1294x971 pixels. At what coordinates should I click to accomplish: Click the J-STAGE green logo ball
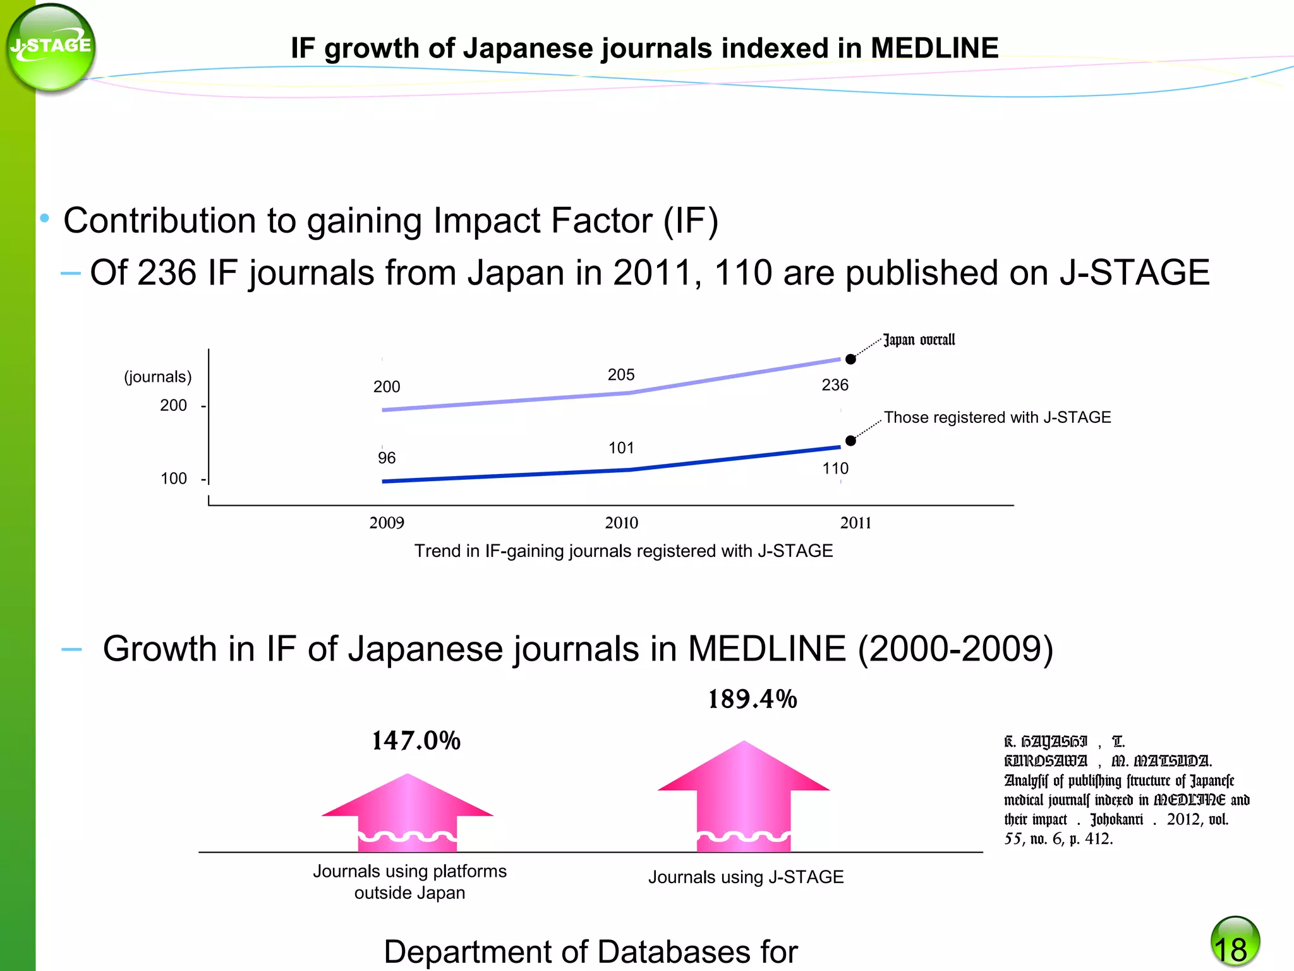pyautogui.click(x=51, y=48)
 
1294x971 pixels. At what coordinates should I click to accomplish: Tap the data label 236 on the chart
pyautogui.click(x=835, y=385)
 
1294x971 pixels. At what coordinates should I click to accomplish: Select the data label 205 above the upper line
pyautogui.click(x=621, y=375)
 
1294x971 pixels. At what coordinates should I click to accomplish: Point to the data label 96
pyautogui.click(x=387, y=458)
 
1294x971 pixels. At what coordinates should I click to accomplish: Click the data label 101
pyautogui.click(x=621, y=448)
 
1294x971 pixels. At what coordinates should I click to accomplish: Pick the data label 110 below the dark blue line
pyautogui.click(x=835, y=469)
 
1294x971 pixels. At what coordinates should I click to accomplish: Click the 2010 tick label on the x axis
pyautogui.click(x=622, y=523)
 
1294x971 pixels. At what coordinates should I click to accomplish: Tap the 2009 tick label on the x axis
pyautogui.click(x=387, y=523)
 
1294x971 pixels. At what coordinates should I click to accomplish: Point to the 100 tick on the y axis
pyautogui.click(x=174, y=479)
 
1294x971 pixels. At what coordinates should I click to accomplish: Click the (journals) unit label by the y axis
pyautogui.click(x=158, y=377)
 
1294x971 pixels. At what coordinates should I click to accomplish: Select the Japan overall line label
pyautogui.click(x=919, y=340)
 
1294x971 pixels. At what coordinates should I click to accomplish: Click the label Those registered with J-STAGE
pyautogui.click(x=997, y=417)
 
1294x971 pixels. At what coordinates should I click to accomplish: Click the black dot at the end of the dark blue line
pyautogui.click(x=850, y=441)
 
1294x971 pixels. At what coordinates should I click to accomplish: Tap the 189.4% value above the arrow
pyautogui.click(x=752, y=699)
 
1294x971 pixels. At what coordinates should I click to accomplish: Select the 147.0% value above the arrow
pyautogui.click(x=416, y=741)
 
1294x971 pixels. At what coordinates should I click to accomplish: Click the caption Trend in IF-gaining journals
pyautogui.click(x=623, y=551)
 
